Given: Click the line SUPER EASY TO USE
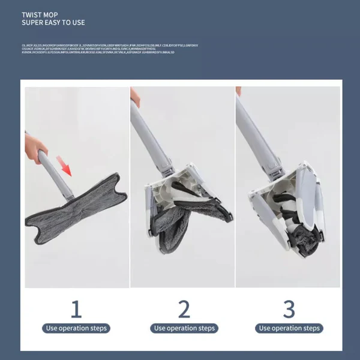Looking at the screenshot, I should point(53,23).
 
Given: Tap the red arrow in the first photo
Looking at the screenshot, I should point(64,164).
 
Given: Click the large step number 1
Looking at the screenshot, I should point(76,310).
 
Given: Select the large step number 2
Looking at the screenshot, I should point(184,310).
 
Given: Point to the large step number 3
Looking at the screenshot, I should point(289,310).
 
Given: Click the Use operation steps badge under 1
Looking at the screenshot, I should point(76,328).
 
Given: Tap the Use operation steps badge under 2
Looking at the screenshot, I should point(184,328).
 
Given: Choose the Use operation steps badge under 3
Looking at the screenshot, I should point(289,328).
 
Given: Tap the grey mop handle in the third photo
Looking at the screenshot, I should point(255,132).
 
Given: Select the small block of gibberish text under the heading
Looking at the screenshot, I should point(108,49).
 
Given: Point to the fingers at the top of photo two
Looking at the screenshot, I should point(135,96).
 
